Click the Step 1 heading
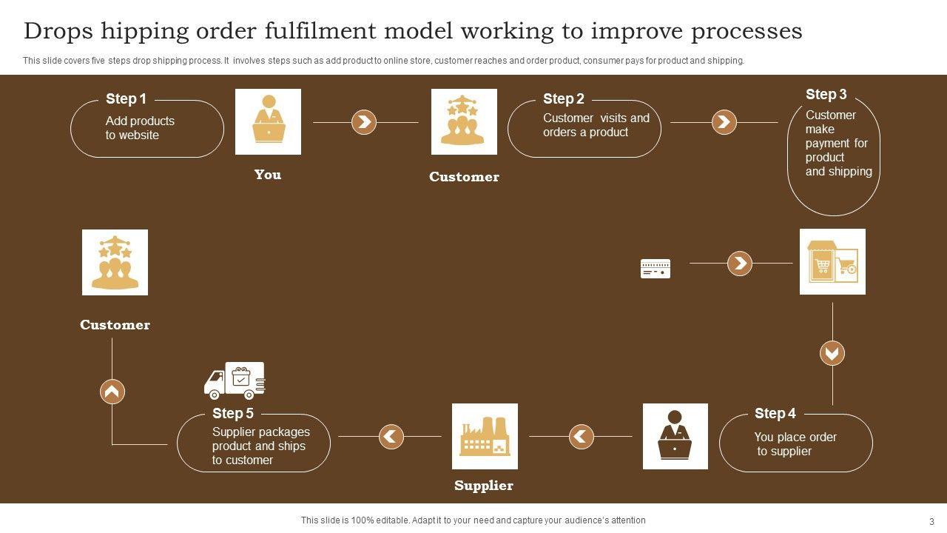(x=126, y=98)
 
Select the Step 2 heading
(x=563, y=98)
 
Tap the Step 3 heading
(x=826, y=94)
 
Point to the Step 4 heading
(x=775, y=413)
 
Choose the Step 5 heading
(x=232, y=413)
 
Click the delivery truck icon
(x=235, y=381)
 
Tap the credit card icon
(x=655, y=268)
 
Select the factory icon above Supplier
(x=485, y=436)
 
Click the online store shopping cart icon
(x=832, y=261)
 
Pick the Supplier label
(x=483, y=486)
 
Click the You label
(x=267, y=175)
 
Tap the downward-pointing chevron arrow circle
(x=832, y=353)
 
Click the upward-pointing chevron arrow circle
(x=112, y=391)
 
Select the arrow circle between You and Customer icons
(x=363, y=122)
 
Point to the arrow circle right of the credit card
(x=739, y=263)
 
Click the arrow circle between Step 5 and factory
(x=391, y=436)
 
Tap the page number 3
(x=931, y=521)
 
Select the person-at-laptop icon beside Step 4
(x=675, y=436)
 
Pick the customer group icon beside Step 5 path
(x=115, y=262)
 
